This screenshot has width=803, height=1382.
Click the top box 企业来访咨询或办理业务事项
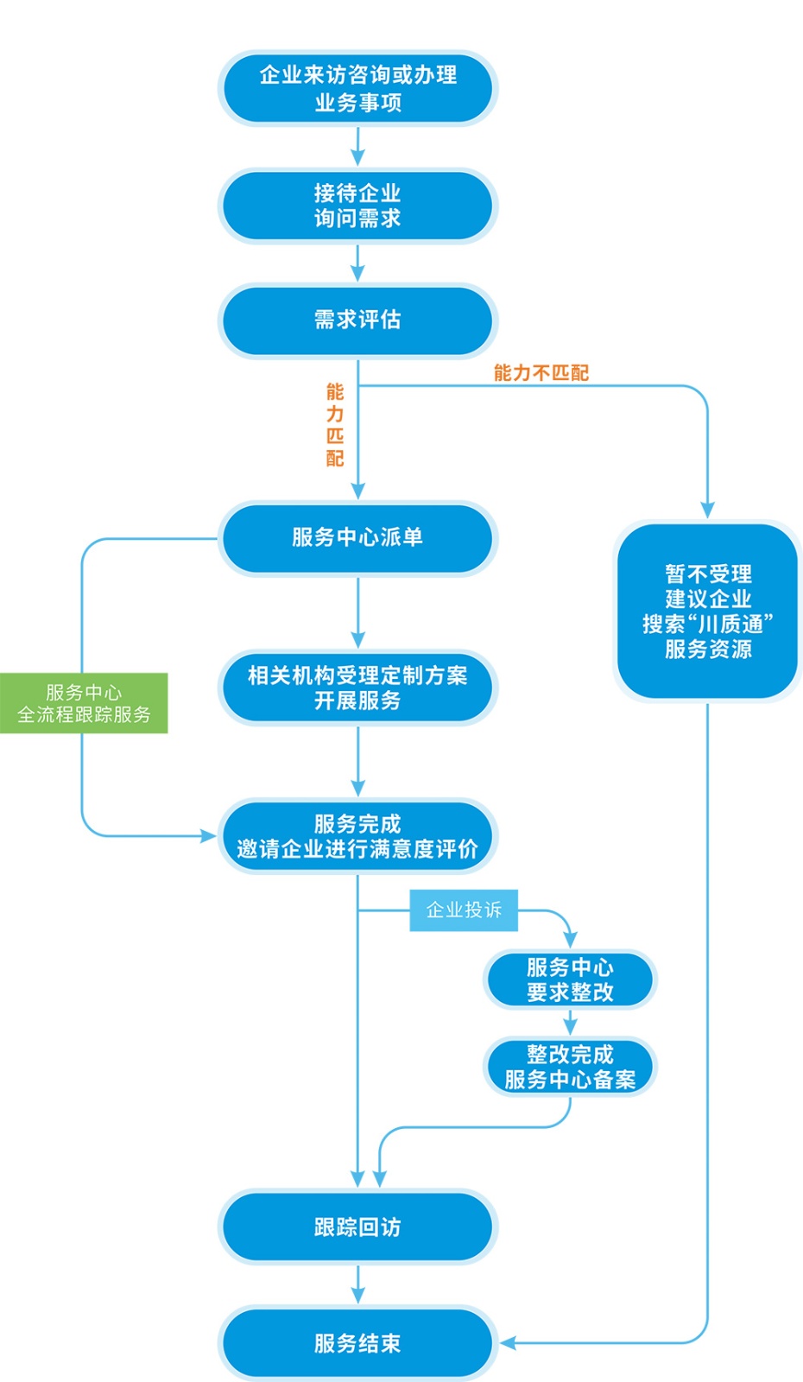pos(357,88)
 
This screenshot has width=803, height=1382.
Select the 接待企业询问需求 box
pos(357,206)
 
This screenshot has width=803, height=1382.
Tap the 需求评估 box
pos(357,320)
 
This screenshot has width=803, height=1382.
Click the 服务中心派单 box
pos(357,537)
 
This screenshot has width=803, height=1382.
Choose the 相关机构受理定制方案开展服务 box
pos(357,688)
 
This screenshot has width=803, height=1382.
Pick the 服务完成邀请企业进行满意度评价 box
pos(357,836)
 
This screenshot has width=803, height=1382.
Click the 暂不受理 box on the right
pos(708,611)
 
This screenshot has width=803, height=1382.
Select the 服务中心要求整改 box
pos(570,979)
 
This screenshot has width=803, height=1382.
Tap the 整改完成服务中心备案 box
pos(570,1067)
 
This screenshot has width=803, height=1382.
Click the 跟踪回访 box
pos(357,1227)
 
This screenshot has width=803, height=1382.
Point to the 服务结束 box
pos(357,1343)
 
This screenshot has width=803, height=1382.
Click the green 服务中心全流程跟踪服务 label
pos(84,703)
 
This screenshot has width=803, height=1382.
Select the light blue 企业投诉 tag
pos(464,910)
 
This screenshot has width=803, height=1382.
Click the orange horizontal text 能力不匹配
pos(541,373)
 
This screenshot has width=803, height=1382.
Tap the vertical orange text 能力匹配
pos(335,425)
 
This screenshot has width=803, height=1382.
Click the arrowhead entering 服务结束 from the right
pos(507,1343)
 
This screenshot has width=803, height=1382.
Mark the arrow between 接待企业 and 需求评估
pos(357,263)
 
